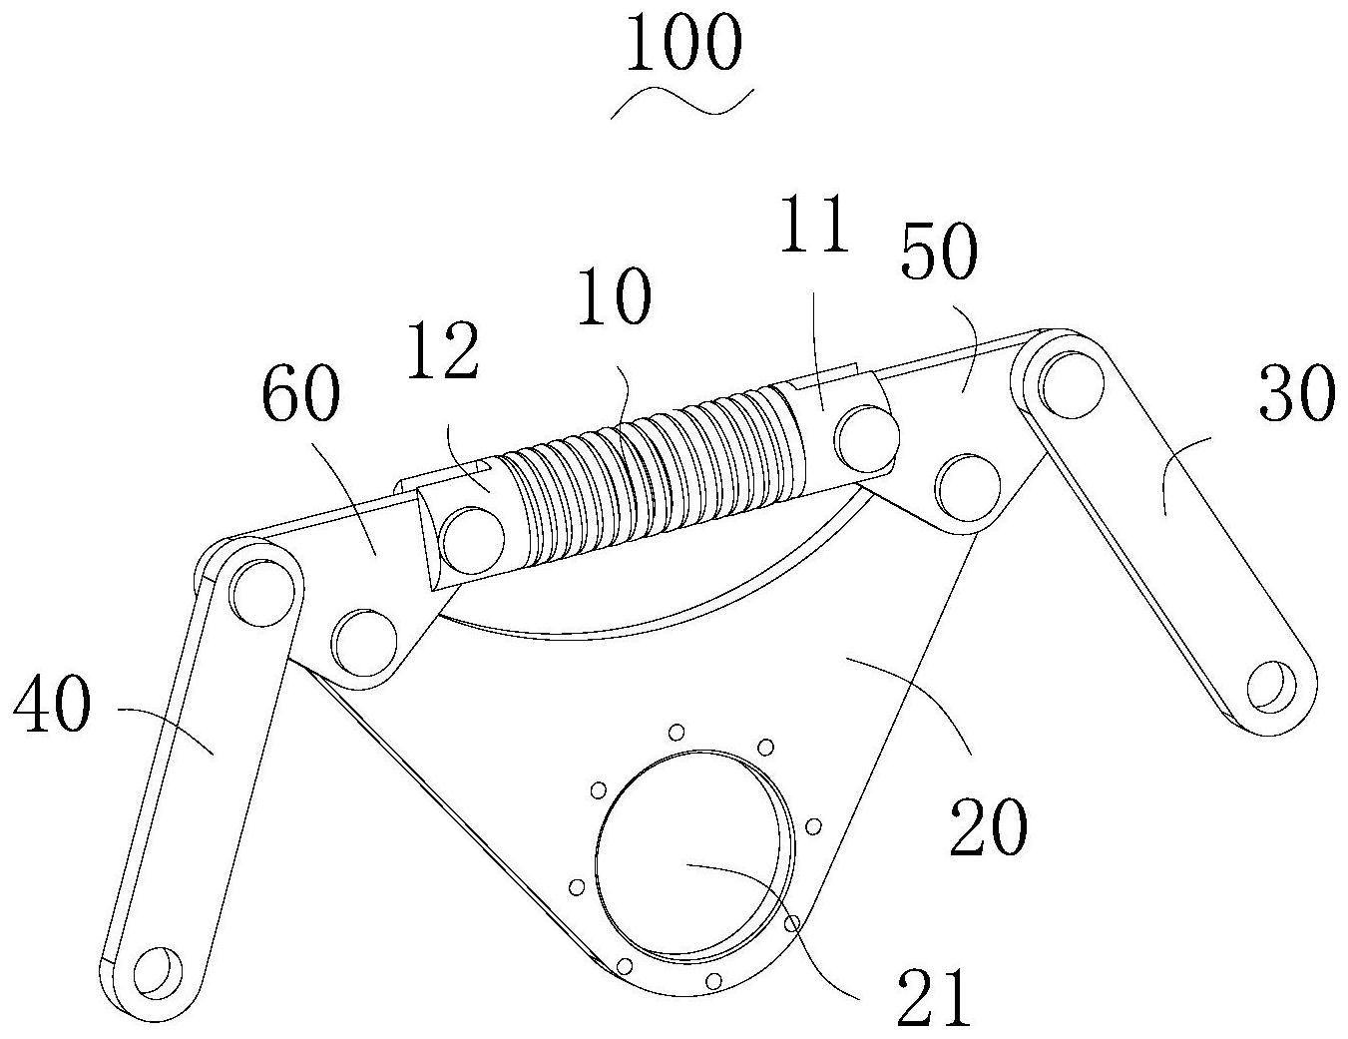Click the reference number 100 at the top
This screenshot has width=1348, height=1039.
coord(683,43)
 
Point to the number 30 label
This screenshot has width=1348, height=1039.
coord(1296,392)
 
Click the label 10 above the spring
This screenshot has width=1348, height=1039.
coord(615,296)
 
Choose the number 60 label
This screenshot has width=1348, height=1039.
coord(301,392)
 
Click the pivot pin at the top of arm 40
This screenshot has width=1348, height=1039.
coord(262,590)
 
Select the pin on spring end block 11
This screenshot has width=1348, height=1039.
coord(867,437)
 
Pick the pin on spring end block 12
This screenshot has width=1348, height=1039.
coord(474,539)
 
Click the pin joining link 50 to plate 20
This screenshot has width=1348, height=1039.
coord(970,487)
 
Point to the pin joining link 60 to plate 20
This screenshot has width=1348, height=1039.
coord(365,644)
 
